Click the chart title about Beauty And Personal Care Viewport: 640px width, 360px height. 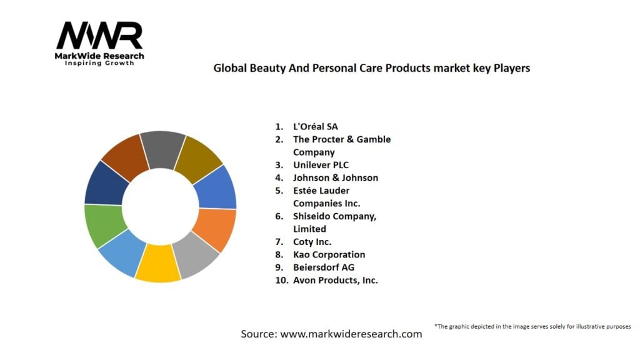[371, 68]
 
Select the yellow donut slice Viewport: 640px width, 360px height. [158, 262]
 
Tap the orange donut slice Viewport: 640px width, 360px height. [214, 229]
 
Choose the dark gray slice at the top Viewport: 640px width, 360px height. [162, 150]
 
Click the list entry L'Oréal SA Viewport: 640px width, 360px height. [316, 126]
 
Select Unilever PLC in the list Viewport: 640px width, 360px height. [320, 165]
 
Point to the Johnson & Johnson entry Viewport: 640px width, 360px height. [336, 177]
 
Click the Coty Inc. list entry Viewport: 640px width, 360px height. [312, 242]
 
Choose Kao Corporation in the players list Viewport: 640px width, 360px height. [329, 254]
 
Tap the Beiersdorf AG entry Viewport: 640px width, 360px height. [323, 267]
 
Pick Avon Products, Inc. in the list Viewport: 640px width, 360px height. [336, 280]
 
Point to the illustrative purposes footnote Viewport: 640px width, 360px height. [532, 326]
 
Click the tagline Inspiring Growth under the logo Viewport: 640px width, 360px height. [99, 63]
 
